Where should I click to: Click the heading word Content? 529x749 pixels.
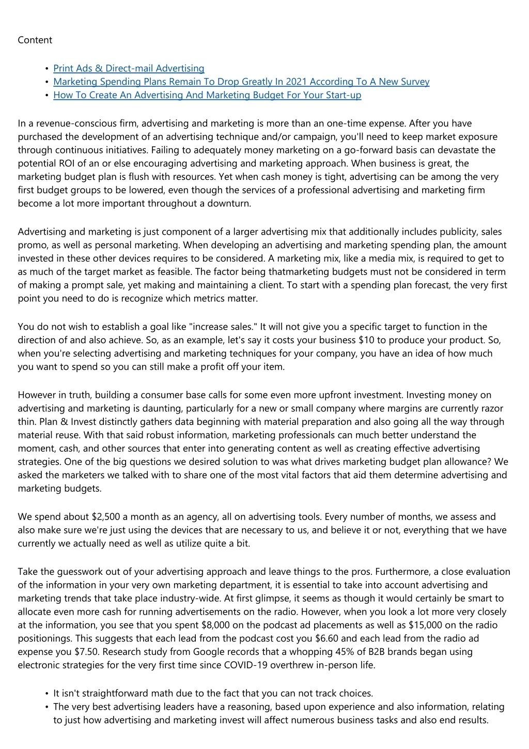(x=35, y=40)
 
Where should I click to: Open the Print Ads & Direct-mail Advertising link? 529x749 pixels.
(x=129, y=68)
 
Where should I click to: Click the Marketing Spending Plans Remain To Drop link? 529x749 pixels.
(x=241, y=82)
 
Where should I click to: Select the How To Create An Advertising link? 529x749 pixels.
(x=207, y=95)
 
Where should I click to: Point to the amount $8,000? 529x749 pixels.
(x=215, y=625)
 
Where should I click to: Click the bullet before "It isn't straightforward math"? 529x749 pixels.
(x=47, y=694)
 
